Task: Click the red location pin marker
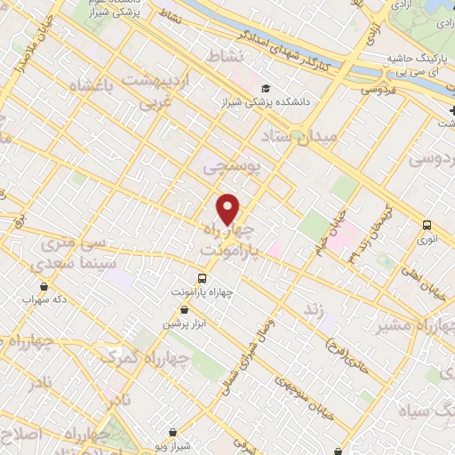[x=228, y=210]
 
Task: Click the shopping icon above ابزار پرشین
[x=184, y=309]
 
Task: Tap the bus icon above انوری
[x=427, y=225]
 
